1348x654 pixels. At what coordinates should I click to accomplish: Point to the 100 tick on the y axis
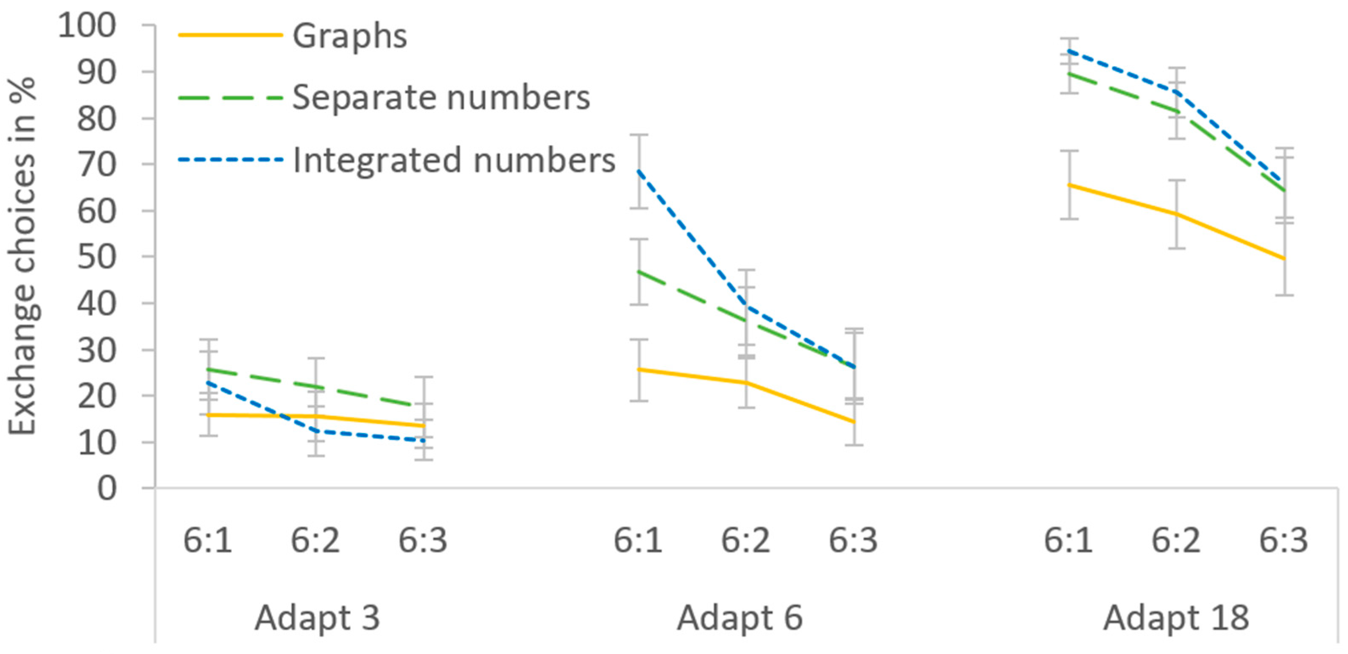point(87,25)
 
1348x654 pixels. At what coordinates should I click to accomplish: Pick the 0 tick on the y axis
point(107,489)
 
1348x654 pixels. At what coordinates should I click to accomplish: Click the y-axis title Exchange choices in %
point(22,256)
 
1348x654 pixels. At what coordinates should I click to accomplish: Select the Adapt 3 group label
point(317,618)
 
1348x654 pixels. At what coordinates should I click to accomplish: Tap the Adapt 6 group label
point(740,618)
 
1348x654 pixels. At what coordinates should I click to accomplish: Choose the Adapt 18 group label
point(1176,618)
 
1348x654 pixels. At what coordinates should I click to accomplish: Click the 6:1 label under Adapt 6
point(638,540)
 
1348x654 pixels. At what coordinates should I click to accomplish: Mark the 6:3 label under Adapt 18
point(1283,540)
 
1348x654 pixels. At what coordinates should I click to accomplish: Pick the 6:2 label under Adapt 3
point(315,540)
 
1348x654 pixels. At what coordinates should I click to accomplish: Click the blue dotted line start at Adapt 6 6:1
point(639,170)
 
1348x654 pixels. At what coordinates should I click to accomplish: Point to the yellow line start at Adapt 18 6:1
point(1069,184)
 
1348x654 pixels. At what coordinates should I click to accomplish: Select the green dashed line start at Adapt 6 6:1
point(639,271)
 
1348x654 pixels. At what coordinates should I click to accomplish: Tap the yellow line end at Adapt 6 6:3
point(854,422)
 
